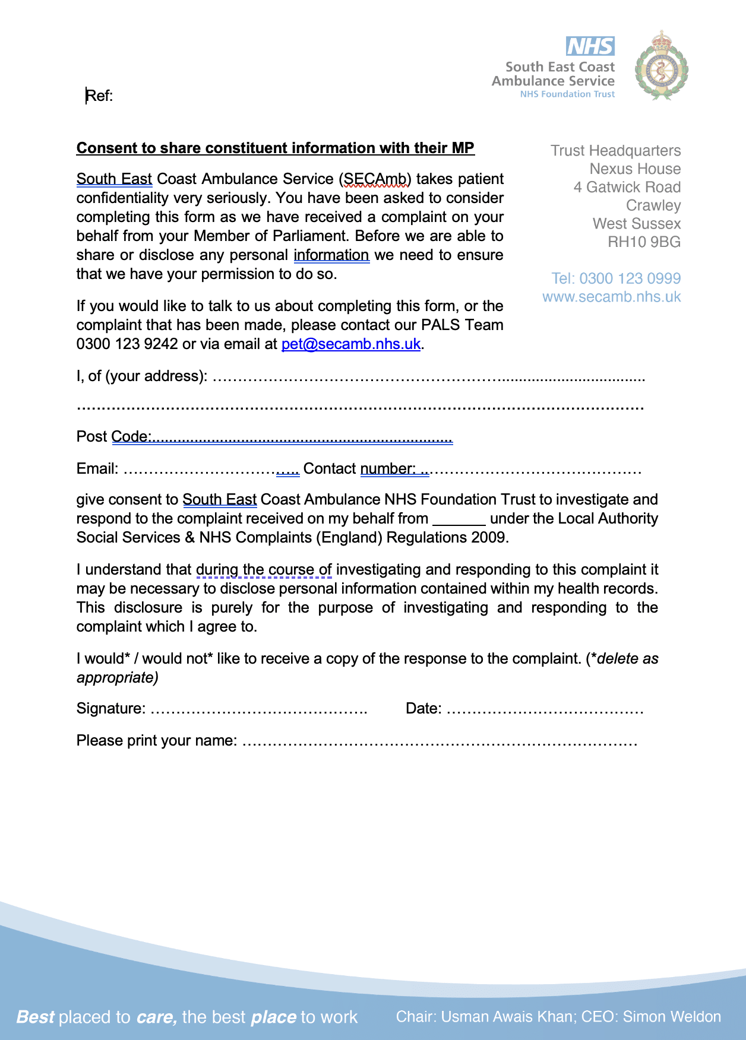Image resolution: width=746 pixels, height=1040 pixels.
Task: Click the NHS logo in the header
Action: click(x=590, y=46)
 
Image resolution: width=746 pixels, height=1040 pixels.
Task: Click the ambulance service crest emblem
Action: click(x=661, y=66)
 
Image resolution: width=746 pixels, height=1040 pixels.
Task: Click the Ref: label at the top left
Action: click(x=99, y=96)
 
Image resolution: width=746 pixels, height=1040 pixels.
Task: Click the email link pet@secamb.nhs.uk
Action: click(x=350, y=344)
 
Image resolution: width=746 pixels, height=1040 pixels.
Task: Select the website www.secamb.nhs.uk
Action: click(x=611, y=297)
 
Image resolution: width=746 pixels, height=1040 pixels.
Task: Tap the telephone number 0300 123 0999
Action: click(x=630, y=278)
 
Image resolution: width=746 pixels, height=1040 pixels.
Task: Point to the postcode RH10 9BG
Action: click(x=644, y=242)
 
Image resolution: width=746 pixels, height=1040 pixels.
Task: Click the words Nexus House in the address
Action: click(x=635, y=169)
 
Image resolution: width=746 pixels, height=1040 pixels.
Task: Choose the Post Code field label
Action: click(x=113, y=437)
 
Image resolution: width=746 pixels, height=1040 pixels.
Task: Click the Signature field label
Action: click(x=110, y=709)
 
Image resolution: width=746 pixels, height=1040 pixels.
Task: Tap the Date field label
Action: click(x=423, y=709)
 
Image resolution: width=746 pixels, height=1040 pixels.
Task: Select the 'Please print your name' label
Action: click(x=156, y=741)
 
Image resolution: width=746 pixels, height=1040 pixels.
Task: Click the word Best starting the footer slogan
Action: click(x=35, y=1017)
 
